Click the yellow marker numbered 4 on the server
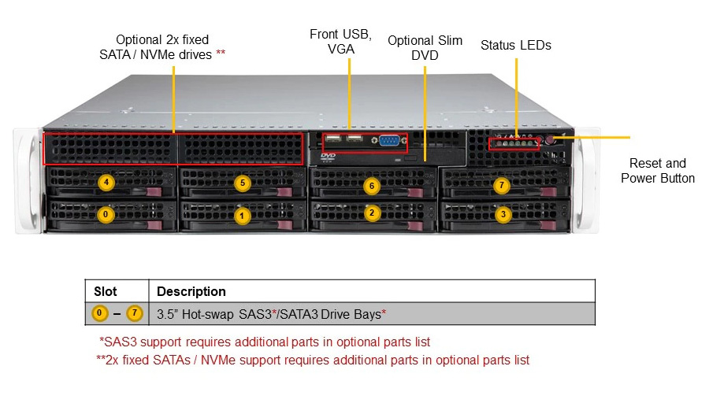(x=106, y=183)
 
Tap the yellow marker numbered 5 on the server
(x=243, y=183)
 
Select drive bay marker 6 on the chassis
(x=372, y=186)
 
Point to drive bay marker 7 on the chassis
(x=502, y=185)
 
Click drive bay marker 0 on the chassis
(x=106, y=215)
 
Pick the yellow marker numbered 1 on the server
(x=242, y=216)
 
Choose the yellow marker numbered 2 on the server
(x=372, y=213)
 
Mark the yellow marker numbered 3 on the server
(x=503, y=215)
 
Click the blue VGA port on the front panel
(x=388, y=141)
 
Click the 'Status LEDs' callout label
(x=516, y=45)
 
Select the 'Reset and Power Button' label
(x=658, y=170)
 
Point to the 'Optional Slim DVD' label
(x=425, y=47)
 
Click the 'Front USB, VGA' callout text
(x=340, y=41)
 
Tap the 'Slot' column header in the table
(x=106, y=291)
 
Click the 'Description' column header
(x=191, y=291)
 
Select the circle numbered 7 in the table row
(x=134, y=313)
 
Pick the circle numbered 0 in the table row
(x=99, y=313)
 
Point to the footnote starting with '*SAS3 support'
(x=265, y=342)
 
